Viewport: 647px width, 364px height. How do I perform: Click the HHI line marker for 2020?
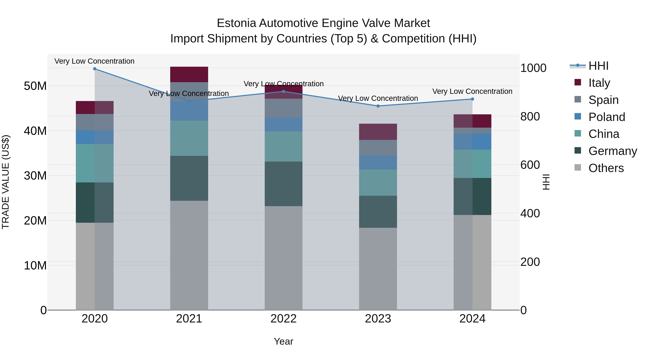pyautogui.click(x=95, y=69)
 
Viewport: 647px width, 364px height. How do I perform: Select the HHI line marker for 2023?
pyautogui.click(x=378, y=106)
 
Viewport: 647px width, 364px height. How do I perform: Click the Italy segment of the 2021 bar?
pyautogui.click(x=189, y=74)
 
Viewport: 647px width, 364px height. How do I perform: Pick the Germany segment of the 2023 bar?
pyautogui.click(x=378, y=212)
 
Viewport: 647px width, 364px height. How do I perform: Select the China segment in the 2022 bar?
pyautogui.click(x=284, y=146)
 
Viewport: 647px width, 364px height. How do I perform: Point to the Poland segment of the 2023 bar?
pyautogui.click(x=378, y=162)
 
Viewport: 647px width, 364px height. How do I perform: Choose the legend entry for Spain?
pyautogui.click(x=603, y=100)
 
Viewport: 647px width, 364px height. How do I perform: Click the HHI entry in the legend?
pyautogui.click(x=598, y=66)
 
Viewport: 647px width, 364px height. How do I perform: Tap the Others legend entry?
pyautogui.click(x=606, y=168)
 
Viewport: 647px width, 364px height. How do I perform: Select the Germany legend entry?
pyautogui.click(x=612, y=151)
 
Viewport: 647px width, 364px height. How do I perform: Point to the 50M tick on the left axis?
pyautogui.click(x=35, y=86)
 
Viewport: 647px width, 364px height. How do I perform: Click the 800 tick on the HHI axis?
pyautogui.click(x=530, y=116)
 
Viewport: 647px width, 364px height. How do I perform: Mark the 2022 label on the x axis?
pyautogui.click(x=284, y=319)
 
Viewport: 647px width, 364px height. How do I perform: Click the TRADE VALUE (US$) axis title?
pyautogui.click(x=6, y=182)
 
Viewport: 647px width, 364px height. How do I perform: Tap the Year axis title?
pyautogui.click(x=284, y=341)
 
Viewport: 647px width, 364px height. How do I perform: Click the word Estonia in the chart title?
pyautogui.click(x=236, y=23)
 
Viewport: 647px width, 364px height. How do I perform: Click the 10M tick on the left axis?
pyautogui.click(x=35, y=265)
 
